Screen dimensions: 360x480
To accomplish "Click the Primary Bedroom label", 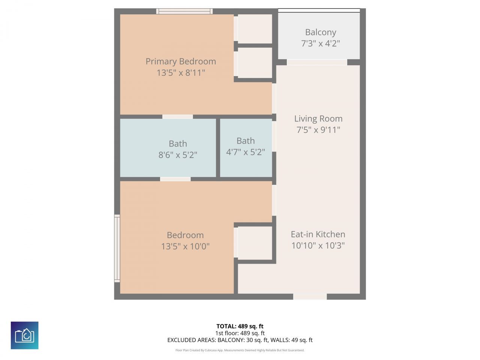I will click(x=180, y=61).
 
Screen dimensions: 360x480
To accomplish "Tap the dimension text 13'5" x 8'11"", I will click(x=180, y=73).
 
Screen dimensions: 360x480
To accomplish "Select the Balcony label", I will click(x=320, y=32).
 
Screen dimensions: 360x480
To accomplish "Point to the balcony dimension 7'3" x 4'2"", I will click(x=320, y=43).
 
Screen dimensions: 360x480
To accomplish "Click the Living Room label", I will click(x=318, y=119).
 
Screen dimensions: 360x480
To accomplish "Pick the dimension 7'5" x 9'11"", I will click(x=318, y=130).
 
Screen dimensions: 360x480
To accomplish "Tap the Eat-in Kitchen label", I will click(x=318, y=234).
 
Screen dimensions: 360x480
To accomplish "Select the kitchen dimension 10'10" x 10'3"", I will click(x=318, y=246).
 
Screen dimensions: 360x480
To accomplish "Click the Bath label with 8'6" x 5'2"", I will click(x=178, y=144).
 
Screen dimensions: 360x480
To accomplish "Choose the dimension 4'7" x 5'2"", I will click(x=245, y=152).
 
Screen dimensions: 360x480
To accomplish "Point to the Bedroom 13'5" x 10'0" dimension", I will click(x=185, y=246).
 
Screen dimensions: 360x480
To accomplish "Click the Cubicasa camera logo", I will click(x=24, y=335).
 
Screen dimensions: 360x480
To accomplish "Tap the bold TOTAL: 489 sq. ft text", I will click(x=240, y=326).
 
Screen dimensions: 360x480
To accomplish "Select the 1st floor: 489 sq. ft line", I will click(x=240, y=333).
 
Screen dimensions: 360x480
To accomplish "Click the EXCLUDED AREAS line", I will click(x=240, y=340).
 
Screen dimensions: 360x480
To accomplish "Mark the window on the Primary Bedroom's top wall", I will click(x=184, y=11).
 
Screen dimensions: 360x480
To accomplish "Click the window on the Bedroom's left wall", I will click(x=117, y=248).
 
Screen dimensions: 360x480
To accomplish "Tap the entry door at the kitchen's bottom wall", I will click(x=310, y=297).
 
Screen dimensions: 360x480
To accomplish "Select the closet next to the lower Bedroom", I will click(x=255, y=243).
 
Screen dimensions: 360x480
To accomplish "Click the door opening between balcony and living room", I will click(x=317, y=62).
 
